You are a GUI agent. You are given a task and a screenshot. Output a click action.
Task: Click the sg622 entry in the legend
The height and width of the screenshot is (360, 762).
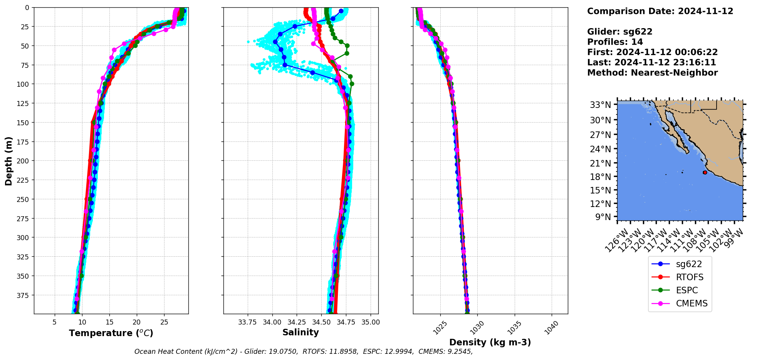pyautogui.click(x=688, y=264)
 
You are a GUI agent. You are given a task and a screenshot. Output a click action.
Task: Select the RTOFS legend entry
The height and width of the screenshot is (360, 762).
pyautogui.click(x=689, y=277)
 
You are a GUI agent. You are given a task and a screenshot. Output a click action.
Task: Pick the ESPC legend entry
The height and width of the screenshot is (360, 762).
pyautogui.click(x=686, y=290)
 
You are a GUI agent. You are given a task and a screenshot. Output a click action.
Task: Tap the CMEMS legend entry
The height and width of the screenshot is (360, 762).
pyautogui.click(x=692, y=303)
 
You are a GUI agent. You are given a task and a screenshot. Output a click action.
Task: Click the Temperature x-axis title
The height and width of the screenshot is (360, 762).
pyautogui.click(x=111, y=333)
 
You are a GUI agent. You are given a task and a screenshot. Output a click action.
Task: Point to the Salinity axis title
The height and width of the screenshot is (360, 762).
pyautogui.click(x=300, y=332)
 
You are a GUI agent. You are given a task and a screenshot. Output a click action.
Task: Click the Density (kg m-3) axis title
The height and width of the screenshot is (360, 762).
pyautogui.click(x=490, y=342)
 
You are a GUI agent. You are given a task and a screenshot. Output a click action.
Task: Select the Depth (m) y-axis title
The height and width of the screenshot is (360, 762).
pyautogui.click(x=8, y=161)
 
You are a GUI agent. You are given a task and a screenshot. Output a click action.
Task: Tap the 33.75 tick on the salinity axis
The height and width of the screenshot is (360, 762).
pyautogui.click(x=247, y=322)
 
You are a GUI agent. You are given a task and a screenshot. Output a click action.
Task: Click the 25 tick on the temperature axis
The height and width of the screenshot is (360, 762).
pyautogui.click(x=164, y=322)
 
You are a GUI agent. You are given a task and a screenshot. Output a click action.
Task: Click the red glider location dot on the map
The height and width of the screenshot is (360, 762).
pyautogui.click(x=705, y=172)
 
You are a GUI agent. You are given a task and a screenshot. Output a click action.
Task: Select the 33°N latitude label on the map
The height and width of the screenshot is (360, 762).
pyautogui.click(x=601, y=105)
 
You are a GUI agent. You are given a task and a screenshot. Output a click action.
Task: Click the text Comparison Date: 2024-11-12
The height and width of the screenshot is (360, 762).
pyautogui.click(x=660, y=11)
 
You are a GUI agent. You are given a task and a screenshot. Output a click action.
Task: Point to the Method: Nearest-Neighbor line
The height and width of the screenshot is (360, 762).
pyautogui.click(x=652, y=73)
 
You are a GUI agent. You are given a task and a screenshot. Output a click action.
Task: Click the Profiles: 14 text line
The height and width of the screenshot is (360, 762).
pyautogui.click(x=615, y=42)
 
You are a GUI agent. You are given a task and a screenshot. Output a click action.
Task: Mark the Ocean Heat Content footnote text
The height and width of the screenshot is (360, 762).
pyautogui.click(x=304, y=352)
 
